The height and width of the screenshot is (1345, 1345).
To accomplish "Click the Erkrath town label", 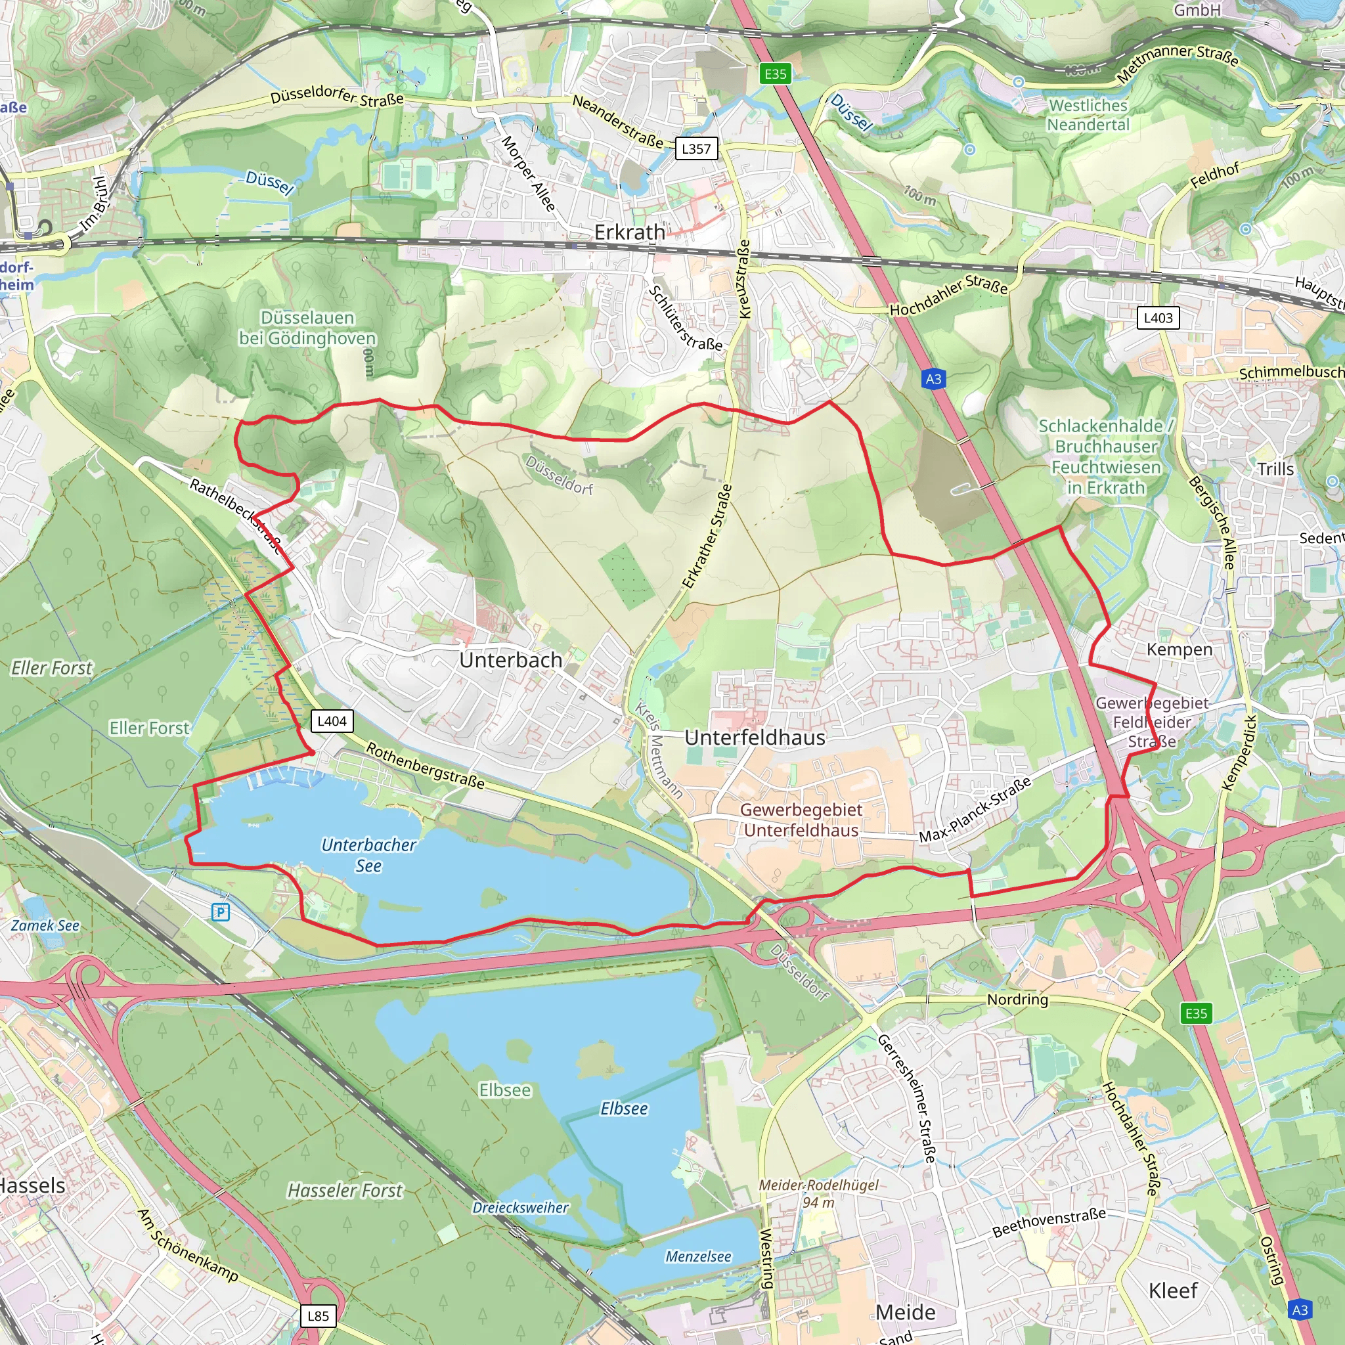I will click(x=629, y=232).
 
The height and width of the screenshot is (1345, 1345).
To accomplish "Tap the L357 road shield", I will click(x=695, y=148).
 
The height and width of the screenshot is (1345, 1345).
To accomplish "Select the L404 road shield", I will click(x=332, y=720).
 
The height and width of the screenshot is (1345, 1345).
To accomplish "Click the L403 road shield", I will click(x=1158, y=318).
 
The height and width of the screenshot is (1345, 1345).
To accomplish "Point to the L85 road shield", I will click(x=318, y=1315).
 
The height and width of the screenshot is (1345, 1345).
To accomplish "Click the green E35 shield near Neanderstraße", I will click(x=775, y=74).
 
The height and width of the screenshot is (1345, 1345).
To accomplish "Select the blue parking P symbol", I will click(x=221, y=912).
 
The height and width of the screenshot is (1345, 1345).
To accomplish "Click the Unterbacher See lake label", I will click(x=368, y=855).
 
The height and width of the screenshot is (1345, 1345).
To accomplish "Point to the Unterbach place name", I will click(x=510, y=660).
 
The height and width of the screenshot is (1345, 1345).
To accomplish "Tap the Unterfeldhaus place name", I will click(x=755, y=738).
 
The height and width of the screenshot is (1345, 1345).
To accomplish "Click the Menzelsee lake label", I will click(x=697, y=1256).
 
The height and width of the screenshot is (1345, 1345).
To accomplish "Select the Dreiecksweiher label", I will click(x=520, y=1207).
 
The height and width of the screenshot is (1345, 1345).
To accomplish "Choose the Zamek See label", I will click(x=45, y=925).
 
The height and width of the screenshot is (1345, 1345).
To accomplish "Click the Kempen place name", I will click(x=1180, y=650).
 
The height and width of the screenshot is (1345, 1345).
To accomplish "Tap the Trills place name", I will click(x=1275, y=469).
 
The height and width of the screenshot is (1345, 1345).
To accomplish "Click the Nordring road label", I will click(x=1017, y=1000).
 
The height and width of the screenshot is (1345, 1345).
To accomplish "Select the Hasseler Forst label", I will click(x=345, y=1191).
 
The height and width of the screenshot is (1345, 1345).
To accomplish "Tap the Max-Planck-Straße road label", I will click(x=975, y=810).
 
